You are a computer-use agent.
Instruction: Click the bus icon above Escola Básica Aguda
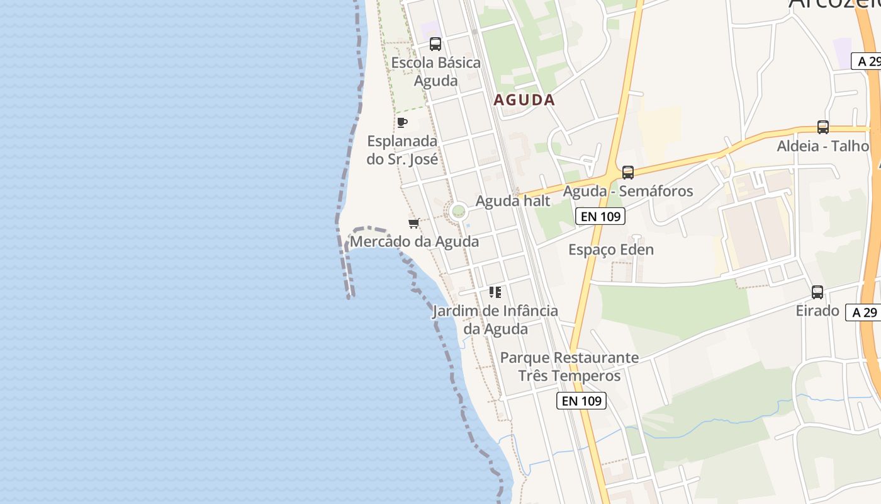point(435,44)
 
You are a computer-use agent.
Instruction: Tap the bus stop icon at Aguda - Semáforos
point(627,173)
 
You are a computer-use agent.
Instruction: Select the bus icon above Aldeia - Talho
point(822,127)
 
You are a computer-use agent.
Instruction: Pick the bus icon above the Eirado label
point(817,292)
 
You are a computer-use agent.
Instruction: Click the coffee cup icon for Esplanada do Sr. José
point(402,122)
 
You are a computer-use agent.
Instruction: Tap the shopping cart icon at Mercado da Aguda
point(413,224)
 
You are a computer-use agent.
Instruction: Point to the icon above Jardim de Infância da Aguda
point(495,292)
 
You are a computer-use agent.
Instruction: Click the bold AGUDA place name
point(524,100)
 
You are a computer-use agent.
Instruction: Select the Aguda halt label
point(513,201)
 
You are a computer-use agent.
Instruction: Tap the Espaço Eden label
point(611,249)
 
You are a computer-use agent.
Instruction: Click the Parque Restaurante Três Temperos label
point(569,367)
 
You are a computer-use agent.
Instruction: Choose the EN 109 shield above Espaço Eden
point(600,217)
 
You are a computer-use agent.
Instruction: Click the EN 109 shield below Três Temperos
point(581,401)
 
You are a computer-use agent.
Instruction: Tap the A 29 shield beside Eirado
point(864,312)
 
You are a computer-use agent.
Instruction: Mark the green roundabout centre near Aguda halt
point(458,211)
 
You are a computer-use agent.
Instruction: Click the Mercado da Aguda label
point(414,241)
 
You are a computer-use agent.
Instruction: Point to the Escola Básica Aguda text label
point(435,72)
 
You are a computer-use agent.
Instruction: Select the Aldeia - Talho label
point(822,146)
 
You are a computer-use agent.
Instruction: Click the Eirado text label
point(817,311)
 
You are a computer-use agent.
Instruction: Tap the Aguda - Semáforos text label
point(627,191)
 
